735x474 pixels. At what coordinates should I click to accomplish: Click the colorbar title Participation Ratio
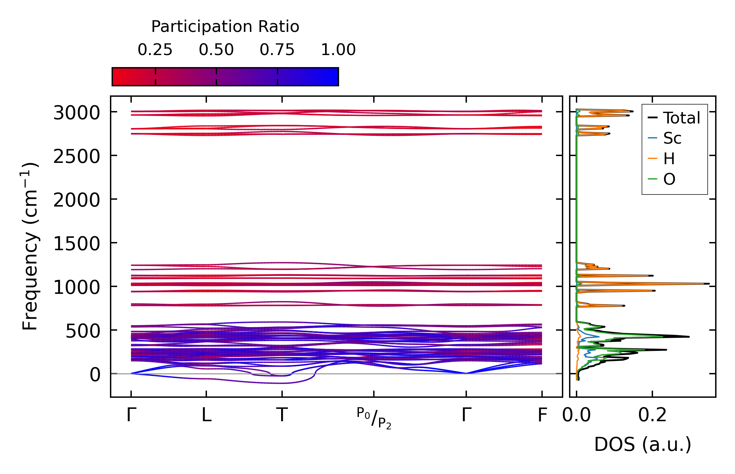[225, 27]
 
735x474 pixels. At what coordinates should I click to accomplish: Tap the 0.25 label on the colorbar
[155, 50]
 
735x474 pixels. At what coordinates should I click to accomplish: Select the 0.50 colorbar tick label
[216, 50]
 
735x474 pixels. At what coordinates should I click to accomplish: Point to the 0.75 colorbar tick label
[277, 50]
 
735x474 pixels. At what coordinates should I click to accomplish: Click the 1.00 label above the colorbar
[338, 50]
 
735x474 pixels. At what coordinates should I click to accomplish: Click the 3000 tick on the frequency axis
[76, 113]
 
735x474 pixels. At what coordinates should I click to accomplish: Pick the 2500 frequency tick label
[76, 157]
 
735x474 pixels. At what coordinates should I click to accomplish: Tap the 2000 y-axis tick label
[76, 200]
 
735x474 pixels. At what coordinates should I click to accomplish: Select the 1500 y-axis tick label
[76, 244]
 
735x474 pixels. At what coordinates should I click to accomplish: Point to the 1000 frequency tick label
[76, 288]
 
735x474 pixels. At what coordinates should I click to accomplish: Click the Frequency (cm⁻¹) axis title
[30, 247]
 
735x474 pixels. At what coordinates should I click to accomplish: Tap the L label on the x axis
[206, 415]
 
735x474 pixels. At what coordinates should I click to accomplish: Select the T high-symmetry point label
[282, 415]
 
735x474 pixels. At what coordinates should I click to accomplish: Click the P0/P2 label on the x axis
[374, 418]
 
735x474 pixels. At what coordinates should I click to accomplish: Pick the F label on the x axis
[542, 415]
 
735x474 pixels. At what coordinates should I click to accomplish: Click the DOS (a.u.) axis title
[643, 445]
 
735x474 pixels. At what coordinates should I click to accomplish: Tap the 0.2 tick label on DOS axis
[652, 415]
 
